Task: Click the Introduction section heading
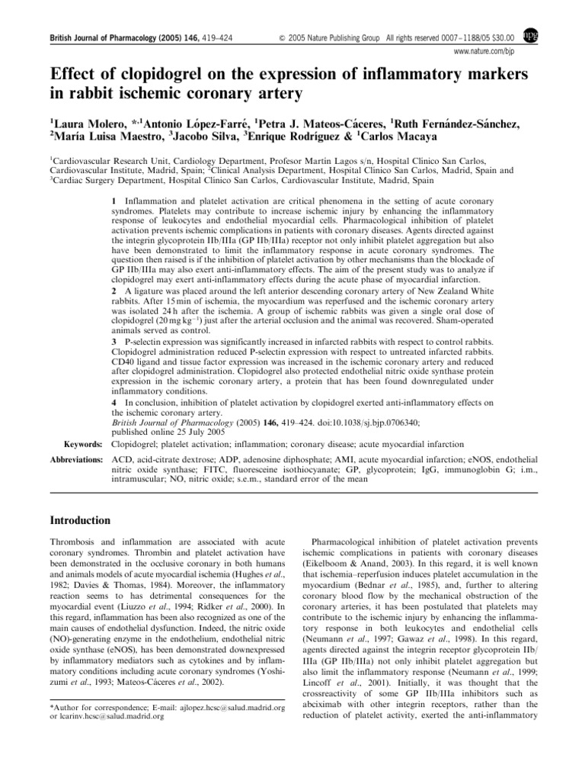(82, 519)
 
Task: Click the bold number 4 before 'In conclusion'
(114, 401)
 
